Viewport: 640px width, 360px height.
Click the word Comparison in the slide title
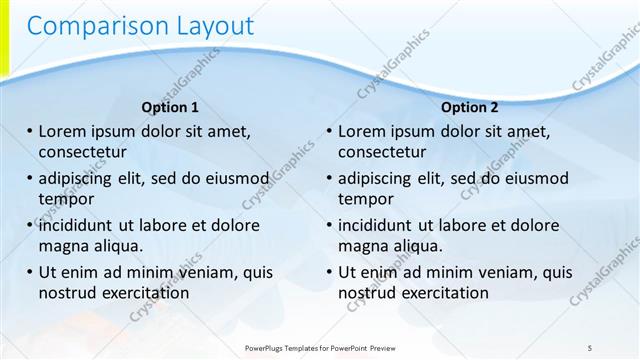[x=89, y=26]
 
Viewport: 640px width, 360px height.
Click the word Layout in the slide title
[x=206, y=26]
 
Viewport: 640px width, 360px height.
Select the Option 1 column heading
[x=170, y=107]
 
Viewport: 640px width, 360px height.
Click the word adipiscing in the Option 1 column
[x=82, y=179]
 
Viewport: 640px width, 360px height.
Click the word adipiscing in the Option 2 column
[x=382, y=179]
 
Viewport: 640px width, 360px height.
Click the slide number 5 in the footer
[x=590, y=346]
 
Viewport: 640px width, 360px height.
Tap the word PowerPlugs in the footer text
[x=267, y=347]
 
